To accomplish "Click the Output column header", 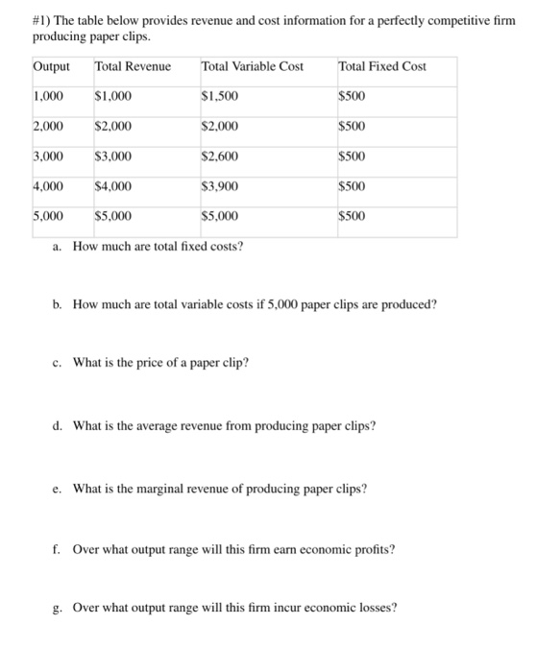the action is [51, 66].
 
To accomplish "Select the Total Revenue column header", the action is [133, 66].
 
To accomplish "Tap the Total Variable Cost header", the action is [252, 66].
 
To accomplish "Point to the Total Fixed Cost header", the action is [382, 66].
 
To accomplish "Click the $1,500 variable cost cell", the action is [220, 96].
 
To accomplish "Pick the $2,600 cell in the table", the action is [220, 156].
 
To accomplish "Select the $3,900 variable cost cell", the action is [220, 186].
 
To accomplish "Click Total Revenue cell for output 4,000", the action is [113, 186].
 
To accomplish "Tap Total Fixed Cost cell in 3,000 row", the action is [352, 156].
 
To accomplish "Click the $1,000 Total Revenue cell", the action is [113, 96].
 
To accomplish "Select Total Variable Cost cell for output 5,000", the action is [220, 216].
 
